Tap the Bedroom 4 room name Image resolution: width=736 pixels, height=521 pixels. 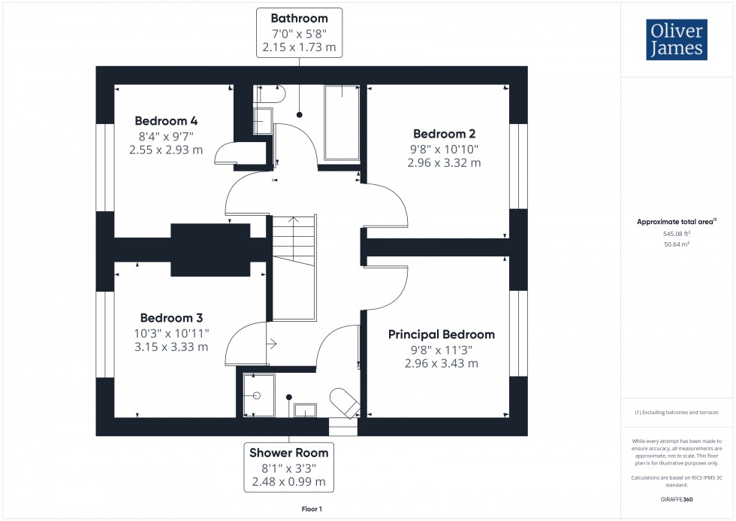point(166,121)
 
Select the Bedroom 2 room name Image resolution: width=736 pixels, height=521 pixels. point(444,134)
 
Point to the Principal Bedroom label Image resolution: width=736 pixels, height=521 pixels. point(442,335)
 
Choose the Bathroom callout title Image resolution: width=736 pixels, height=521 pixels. point(299,18)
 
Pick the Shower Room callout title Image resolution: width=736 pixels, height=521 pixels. point(289,453)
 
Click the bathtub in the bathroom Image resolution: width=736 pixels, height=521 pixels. point(342,122)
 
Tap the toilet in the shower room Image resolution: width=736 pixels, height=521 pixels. point(345,402)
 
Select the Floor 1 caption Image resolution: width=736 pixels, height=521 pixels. point(311,510)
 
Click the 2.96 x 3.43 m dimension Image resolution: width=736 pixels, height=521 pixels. point(442,363)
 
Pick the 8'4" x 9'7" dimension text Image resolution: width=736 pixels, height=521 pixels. point(166,136)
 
